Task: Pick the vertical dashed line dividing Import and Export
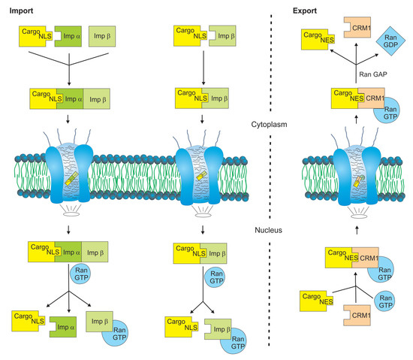click(270, 180)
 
